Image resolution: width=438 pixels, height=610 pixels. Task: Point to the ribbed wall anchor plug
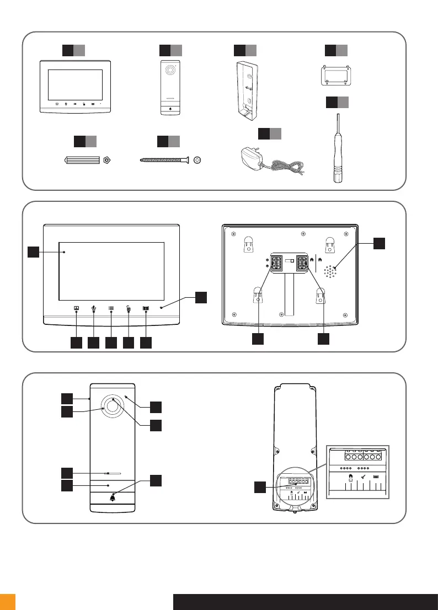(x=82, y=160)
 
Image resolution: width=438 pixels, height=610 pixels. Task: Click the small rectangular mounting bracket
(x=336, y=76)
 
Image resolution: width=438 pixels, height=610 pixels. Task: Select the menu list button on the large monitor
(x=111, y=309)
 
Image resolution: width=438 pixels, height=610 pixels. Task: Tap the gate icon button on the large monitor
(x=146, y=309)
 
